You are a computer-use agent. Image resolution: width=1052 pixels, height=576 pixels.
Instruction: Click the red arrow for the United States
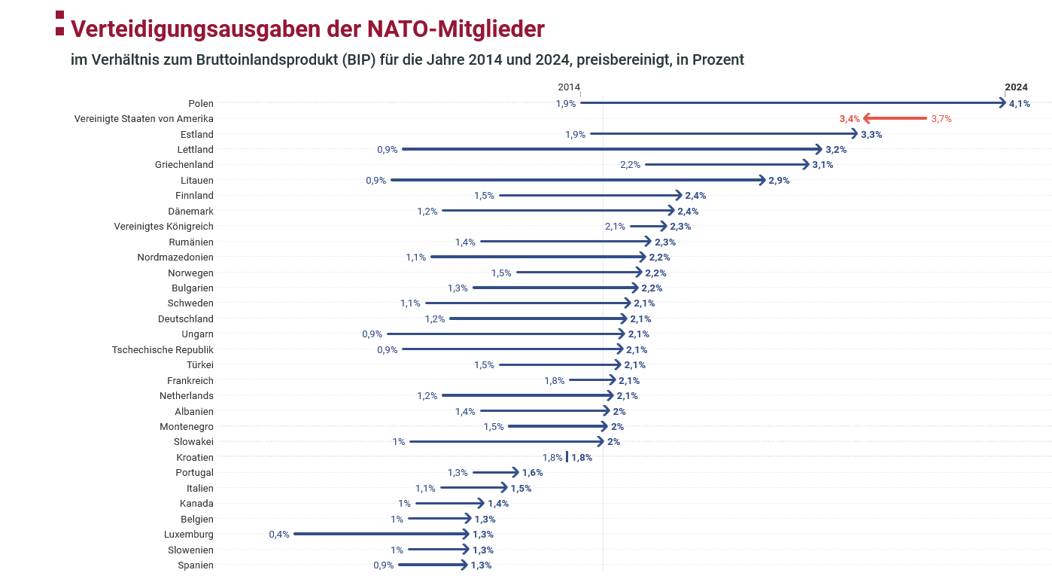[895, 118]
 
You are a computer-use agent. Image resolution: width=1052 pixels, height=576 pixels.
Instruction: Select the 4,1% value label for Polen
[1020, 103]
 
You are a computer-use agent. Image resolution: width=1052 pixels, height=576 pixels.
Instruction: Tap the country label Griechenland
[184, 165]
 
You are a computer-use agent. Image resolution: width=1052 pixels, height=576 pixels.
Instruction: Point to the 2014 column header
[569, 87]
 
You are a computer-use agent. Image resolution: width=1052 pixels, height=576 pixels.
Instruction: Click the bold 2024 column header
[1016, 87]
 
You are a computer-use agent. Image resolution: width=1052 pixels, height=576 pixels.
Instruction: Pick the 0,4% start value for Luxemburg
[279, 535]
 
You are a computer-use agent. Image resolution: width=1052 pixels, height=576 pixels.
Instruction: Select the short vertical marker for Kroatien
[567, 457]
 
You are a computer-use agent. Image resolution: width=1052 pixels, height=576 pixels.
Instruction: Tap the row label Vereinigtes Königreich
[163, 227]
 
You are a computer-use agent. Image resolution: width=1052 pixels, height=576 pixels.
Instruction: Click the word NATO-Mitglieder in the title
[455, 29]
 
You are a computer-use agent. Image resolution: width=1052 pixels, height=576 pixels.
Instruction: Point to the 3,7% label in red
[941, 119]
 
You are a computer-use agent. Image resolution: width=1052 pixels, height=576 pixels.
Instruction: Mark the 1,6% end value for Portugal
[532, 473]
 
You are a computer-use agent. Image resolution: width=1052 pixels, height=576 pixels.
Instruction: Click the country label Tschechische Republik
[163, 349]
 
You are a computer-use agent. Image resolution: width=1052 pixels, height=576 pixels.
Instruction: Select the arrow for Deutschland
[537, 318]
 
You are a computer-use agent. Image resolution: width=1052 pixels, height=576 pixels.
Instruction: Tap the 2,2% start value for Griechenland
[630, 165]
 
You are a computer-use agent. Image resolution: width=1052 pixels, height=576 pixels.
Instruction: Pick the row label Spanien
[196, 565]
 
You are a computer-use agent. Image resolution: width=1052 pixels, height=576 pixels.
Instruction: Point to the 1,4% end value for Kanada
[498, 504]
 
